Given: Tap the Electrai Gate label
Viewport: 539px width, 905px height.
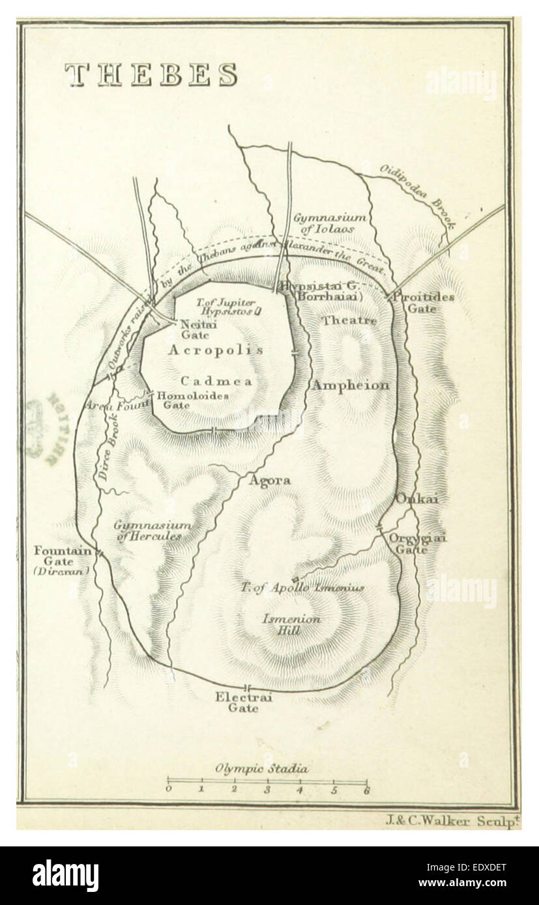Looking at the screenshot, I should [x=243, y=703].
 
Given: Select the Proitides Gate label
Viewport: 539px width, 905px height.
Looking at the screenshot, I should [x=423, y=302].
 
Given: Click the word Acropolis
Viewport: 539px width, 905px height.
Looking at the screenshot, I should [x=216, y=350].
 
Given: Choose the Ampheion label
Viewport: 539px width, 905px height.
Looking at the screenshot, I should [x=351, y=385].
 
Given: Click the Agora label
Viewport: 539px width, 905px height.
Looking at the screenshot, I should [x=269, y=481].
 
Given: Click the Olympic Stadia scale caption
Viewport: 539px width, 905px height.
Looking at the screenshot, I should [x=262, y=768].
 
